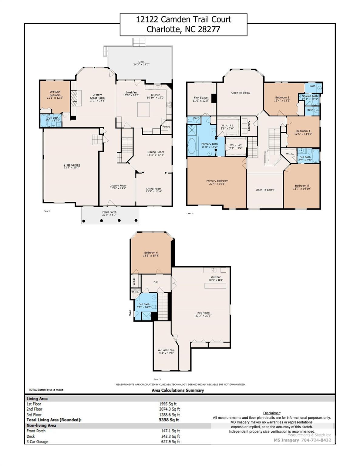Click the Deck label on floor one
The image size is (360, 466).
141,62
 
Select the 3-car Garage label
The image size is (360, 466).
72,165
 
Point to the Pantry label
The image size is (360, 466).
166,127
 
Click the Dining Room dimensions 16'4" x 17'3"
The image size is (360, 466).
156,155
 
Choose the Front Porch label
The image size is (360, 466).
109,212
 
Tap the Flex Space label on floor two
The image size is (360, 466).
201,98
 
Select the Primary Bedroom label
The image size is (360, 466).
217,181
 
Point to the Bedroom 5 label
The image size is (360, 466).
302,186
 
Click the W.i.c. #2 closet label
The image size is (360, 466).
236,145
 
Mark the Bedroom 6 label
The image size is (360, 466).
151,252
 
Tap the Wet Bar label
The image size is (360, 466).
216,277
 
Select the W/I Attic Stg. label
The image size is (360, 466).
166,350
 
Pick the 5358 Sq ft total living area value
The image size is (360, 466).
169,420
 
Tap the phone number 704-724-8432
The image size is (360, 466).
316,440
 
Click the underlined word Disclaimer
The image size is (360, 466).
271,413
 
